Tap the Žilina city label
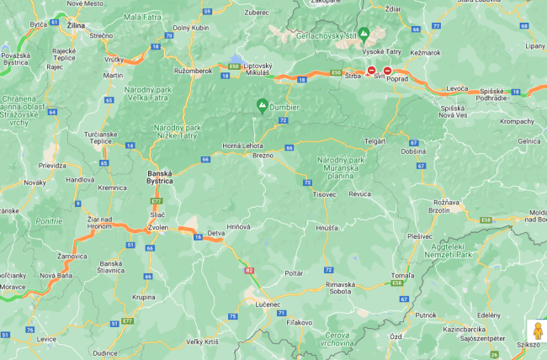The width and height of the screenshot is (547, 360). [76, 27]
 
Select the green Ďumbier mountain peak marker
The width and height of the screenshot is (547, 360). [262, 105]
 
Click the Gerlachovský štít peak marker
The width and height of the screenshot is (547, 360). [364, 34]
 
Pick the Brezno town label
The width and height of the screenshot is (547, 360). [264, 155]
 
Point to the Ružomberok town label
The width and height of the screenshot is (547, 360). [194, 71]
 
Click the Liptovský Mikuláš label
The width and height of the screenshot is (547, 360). [252, 69]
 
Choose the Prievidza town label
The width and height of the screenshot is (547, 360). [51, 166]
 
